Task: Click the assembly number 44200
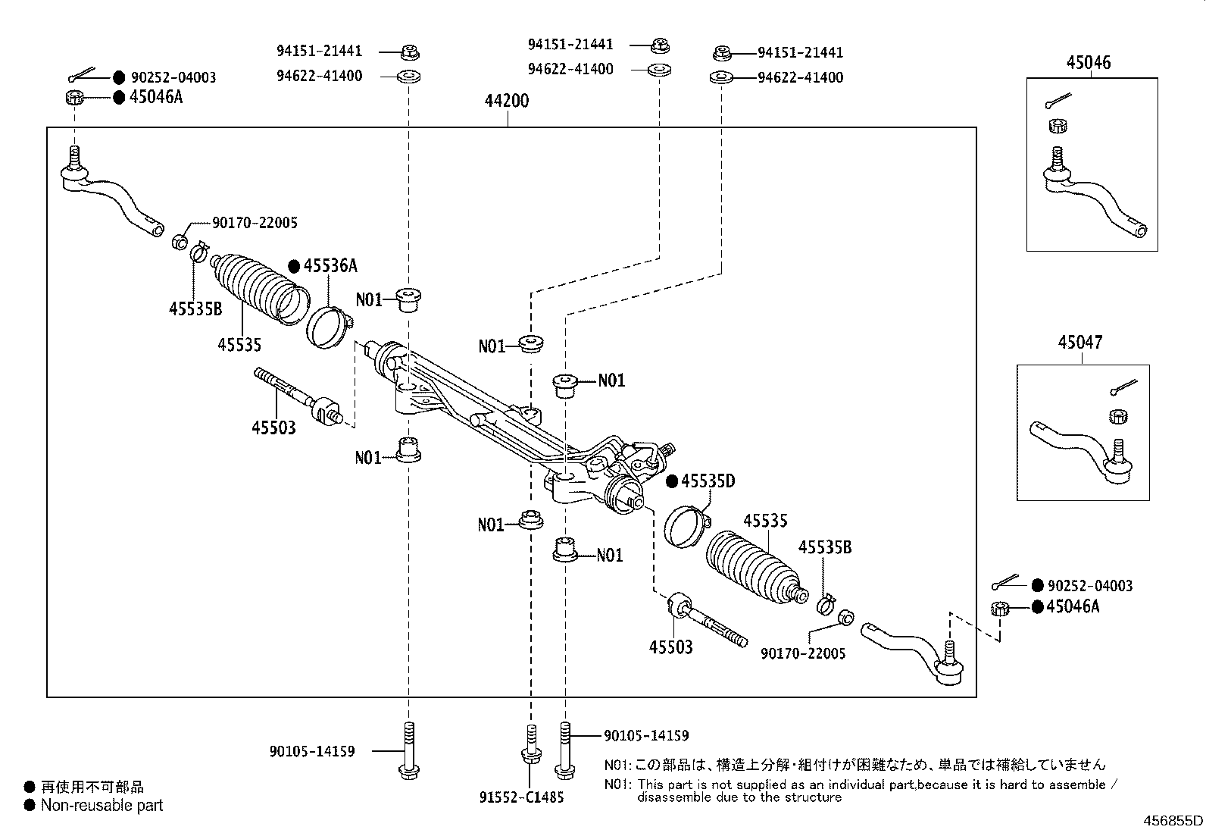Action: point(508,100)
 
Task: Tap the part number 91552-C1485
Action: point(521,797)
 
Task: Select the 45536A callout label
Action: point(330,266)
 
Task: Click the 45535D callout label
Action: point(708,481)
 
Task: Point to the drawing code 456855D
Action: point(1172,820)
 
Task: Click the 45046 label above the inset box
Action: point(1089,63)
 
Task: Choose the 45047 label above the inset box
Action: point(1080,343)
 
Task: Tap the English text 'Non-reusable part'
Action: point(102,806)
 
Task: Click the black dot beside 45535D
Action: point(671,481)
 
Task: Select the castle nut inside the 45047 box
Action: point(1117,416)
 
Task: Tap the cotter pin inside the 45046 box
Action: point(1056,101)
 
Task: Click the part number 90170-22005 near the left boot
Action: point(255,223)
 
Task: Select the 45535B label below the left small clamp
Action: point(195,309)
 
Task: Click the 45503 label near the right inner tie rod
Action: point(670,647)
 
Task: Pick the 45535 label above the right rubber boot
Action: point(765,521)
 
